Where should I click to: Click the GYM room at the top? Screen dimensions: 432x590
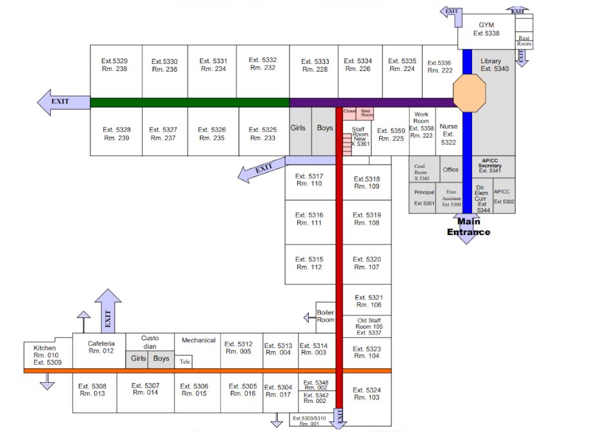click(x=486, y=30)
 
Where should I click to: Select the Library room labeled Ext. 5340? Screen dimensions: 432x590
click(x=495, y=65)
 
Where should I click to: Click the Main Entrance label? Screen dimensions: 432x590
click(x=469, y=227)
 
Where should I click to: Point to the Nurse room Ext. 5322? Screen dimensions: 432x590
click(x=448, y=134)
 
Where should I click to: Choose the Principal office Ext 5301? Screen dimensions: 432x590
click(x=424, y=198)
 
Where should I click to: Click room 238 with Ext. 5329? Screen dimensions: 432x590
click(x=115, y=65)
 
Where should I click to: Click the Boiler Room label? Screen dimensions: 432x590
click(x=326, y=316)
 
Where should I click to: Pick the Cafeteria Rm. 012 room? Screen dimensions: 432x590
click(x=101, y=347)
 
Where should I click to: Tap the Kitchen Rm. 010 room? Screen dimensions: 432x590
click(x=45, y=355)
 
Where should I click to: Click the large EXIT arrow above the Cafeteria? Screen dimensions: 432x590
click(x=108, y=310)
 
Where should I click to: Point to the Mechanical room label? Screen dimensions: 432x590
click(x=199, y=340)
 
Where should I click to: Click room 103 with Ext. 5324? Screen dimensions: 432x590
click(x=366, y=393)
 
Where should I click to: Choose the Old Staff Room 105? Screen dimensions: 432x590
click(x=369, y=326)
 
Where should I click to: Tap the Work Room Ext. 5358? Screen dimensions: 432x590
click(x=421, y=125)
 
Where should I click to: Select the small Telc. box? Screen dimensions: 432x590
click(x=185, y=362)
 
